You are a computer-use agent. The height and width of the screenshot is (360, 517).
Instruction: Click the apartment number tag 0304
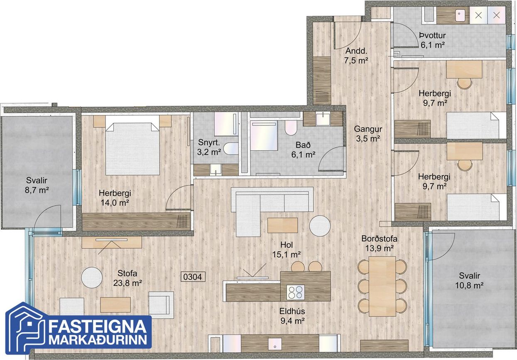[193, 277]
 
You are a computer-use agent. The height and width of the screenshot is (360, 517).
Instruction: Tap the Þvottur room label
[432, 35]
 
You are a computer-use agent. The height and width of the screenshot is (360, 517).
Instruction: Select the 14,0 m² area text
[115, 203]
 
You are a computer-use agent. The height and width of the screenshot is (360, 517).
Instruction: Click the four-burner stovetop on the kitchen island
[295, 292]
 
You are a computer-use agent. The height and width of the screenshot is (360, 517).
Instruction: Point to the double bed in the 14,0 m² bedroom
[132, 149]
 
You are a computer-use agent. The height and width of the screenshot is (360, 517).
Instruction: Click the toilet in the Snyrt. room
[231, 148]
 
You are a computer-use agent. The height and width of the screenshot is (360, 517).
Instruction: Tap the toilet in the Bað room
[291, 127]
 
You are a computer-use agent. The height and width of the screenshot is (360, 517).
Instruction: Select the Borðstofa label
[379, 238]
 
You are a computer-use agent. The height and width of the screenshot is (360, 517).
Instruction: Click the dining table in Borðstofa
[382, 286]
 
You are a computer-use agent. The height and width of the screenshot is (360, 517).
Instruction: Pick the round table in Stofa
[92, 277]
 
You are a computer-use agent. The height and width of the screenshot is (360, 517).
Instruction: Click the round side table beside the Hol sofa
[320, 226]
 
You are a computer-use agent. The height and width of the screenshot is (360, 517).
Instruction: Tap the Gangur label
[368, 129]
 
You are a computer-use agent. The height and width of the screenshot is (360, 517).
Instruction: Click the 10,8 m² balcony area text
[469, 285]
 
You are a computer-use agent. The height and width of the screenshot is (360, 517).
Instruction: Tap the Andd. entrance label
[356, 51]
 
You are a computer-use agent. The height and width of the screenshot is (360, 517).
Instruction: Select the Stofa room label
[127, 273]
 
